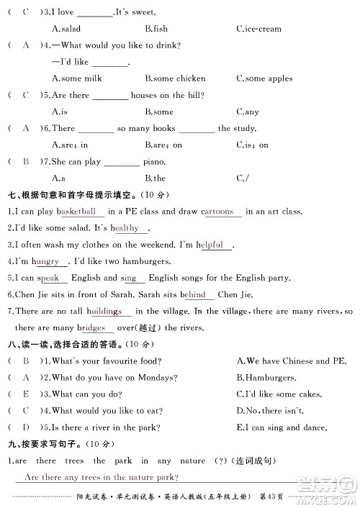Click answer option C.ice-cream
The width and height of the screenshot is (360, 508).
coord(258,29)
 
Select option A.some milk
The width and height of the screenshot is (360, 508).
coord(78,78)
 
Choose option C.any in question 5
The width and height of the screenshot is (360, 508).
coord(247,112)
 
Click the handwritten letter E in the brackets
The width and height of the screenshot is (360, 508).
coord(26,394)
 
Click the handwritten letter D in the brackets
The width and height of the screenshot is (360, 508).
coord(26,427)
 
